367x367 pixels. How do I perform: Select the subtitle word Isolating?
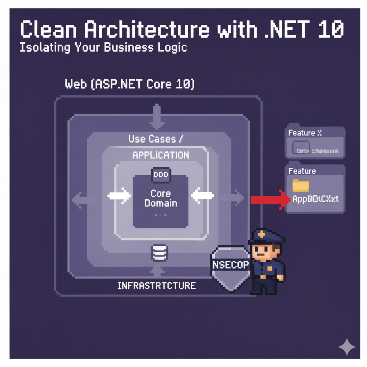44,48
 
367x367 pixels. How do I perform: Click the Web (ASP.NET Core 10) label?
130,85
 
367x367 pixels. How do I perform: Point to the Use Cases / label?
155,139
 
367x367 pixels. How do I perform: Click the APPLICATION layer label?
161,155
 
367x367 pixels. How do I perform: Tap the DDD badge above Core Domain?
161,175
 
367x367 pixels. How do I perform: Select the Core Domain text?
161,198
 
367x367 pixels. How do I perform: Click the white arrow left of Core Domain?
119,196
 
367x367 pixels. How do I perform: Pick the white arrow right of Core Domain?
202,196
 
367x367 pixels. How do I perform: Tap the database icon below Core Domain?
159,253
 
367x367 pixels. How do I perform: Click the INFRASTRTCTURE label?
157,286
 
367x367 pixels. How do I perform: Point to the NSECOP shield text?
230,265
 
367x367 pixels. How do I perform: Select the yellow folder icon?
300,185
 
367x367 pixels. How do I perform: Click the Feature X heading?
305,133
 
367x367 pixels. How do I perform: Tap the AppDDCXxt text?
315,199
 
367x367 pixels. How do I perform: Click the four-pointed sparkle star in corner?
347,347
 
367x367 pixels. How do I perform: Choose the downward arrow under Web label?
157,117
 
